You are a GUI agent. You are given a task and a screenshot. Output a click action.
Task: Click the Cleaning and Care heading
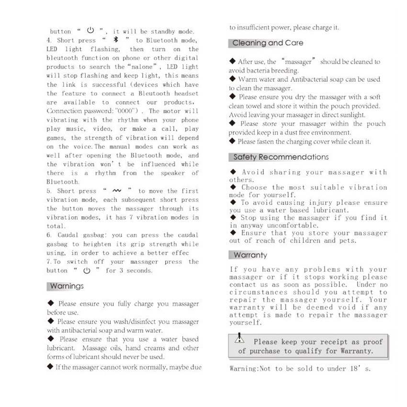[268, 43]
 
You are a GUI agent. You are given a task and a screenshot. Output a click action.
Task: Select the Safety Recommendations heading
[281, 157]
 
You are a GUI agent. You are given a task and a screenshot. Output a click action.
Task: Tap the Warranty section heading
[251, 255]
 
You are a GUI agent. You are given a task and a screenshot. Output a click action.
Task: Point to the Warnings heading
[67, 286]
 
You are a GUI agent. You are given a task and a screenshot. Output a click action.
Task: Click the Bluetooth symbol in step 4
[115, 40]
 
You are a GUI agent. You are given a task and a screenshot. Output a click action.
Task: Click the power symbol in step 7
[87, 271]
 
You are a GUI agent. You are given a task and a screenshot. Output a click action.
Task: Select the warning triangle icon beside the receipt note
[240, 340]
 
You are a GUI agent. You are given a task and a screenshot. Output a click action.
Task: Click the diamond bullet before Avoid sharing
[233, 172]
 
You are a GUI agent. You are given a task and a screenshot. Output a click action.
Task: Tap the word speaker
[172, 173]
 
